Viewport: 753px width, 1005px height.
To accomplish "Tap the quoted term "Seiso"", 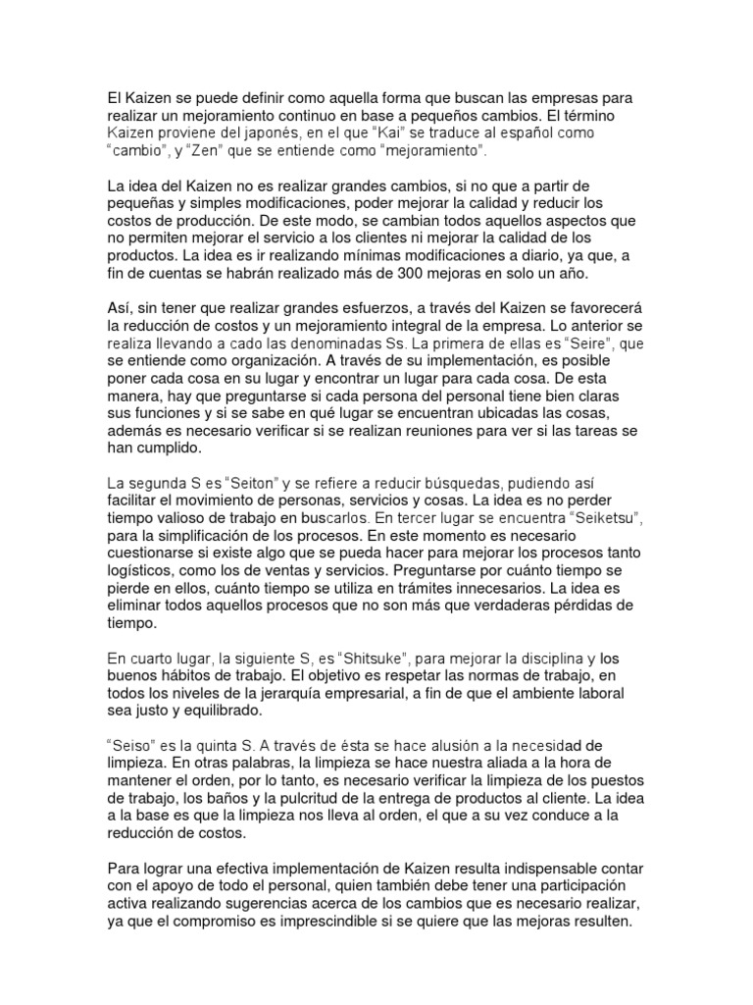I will [x=130, y=745].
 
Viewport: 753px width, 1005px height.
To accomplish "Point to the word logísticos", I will [x=145, y=571].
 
